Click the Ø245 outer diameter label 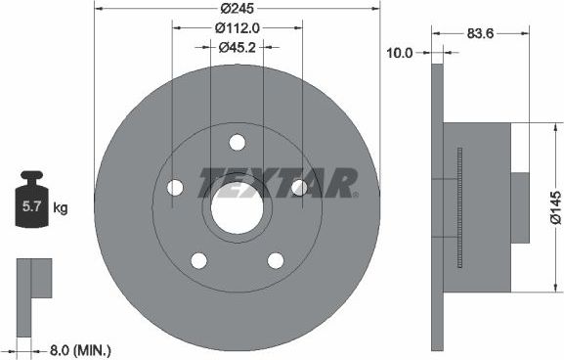pos(237,8)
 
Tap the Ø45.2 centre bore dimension pos(237,46)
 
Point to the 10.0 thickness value pos(400,55)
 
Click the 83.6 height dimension pos(480,35)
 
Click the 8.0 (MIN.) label pos(81,348)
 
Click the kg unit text pos(61,207)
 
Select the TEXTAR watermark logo pos(279,182)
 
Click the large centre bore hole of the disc pos(237,209)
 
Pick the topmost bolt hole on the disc pos(237,143)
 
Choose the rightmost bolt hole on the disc pos(299,187)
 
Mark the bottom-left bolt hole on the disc pos(198,260)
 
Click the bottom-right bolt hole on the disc pos(276,260)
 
